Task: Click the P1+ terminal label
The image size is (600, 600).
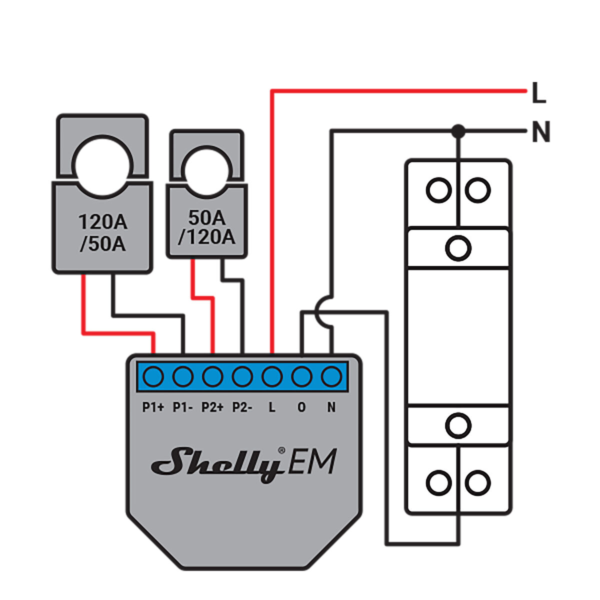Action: coord(153,407)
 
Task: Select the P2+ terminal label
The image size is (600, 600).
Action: coord(212,407)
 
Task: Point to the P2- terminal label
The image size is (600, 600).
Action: coord(242,407)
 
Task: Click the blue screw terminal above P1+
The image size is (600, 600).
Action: coord(153,376)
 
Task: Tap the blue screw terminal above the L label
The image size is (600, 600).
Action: coord(272,376)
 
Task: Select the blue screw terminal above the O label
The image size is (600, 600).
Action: coord(301,376)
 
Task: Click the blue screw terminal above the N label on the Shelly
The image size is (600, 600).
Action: coord(331,376)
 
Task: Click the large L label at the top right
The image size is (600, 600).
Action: coord(538,93)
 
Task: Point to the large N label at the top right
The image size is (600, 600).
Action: coord(540,132)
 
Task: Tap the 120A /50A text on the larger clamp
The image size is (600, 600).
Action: coord(103,233)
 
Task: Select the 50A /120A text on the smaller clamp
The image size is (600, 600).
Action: coord(206,227)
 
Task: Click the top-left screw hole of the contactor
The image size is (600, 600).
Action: coord(438,190)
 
